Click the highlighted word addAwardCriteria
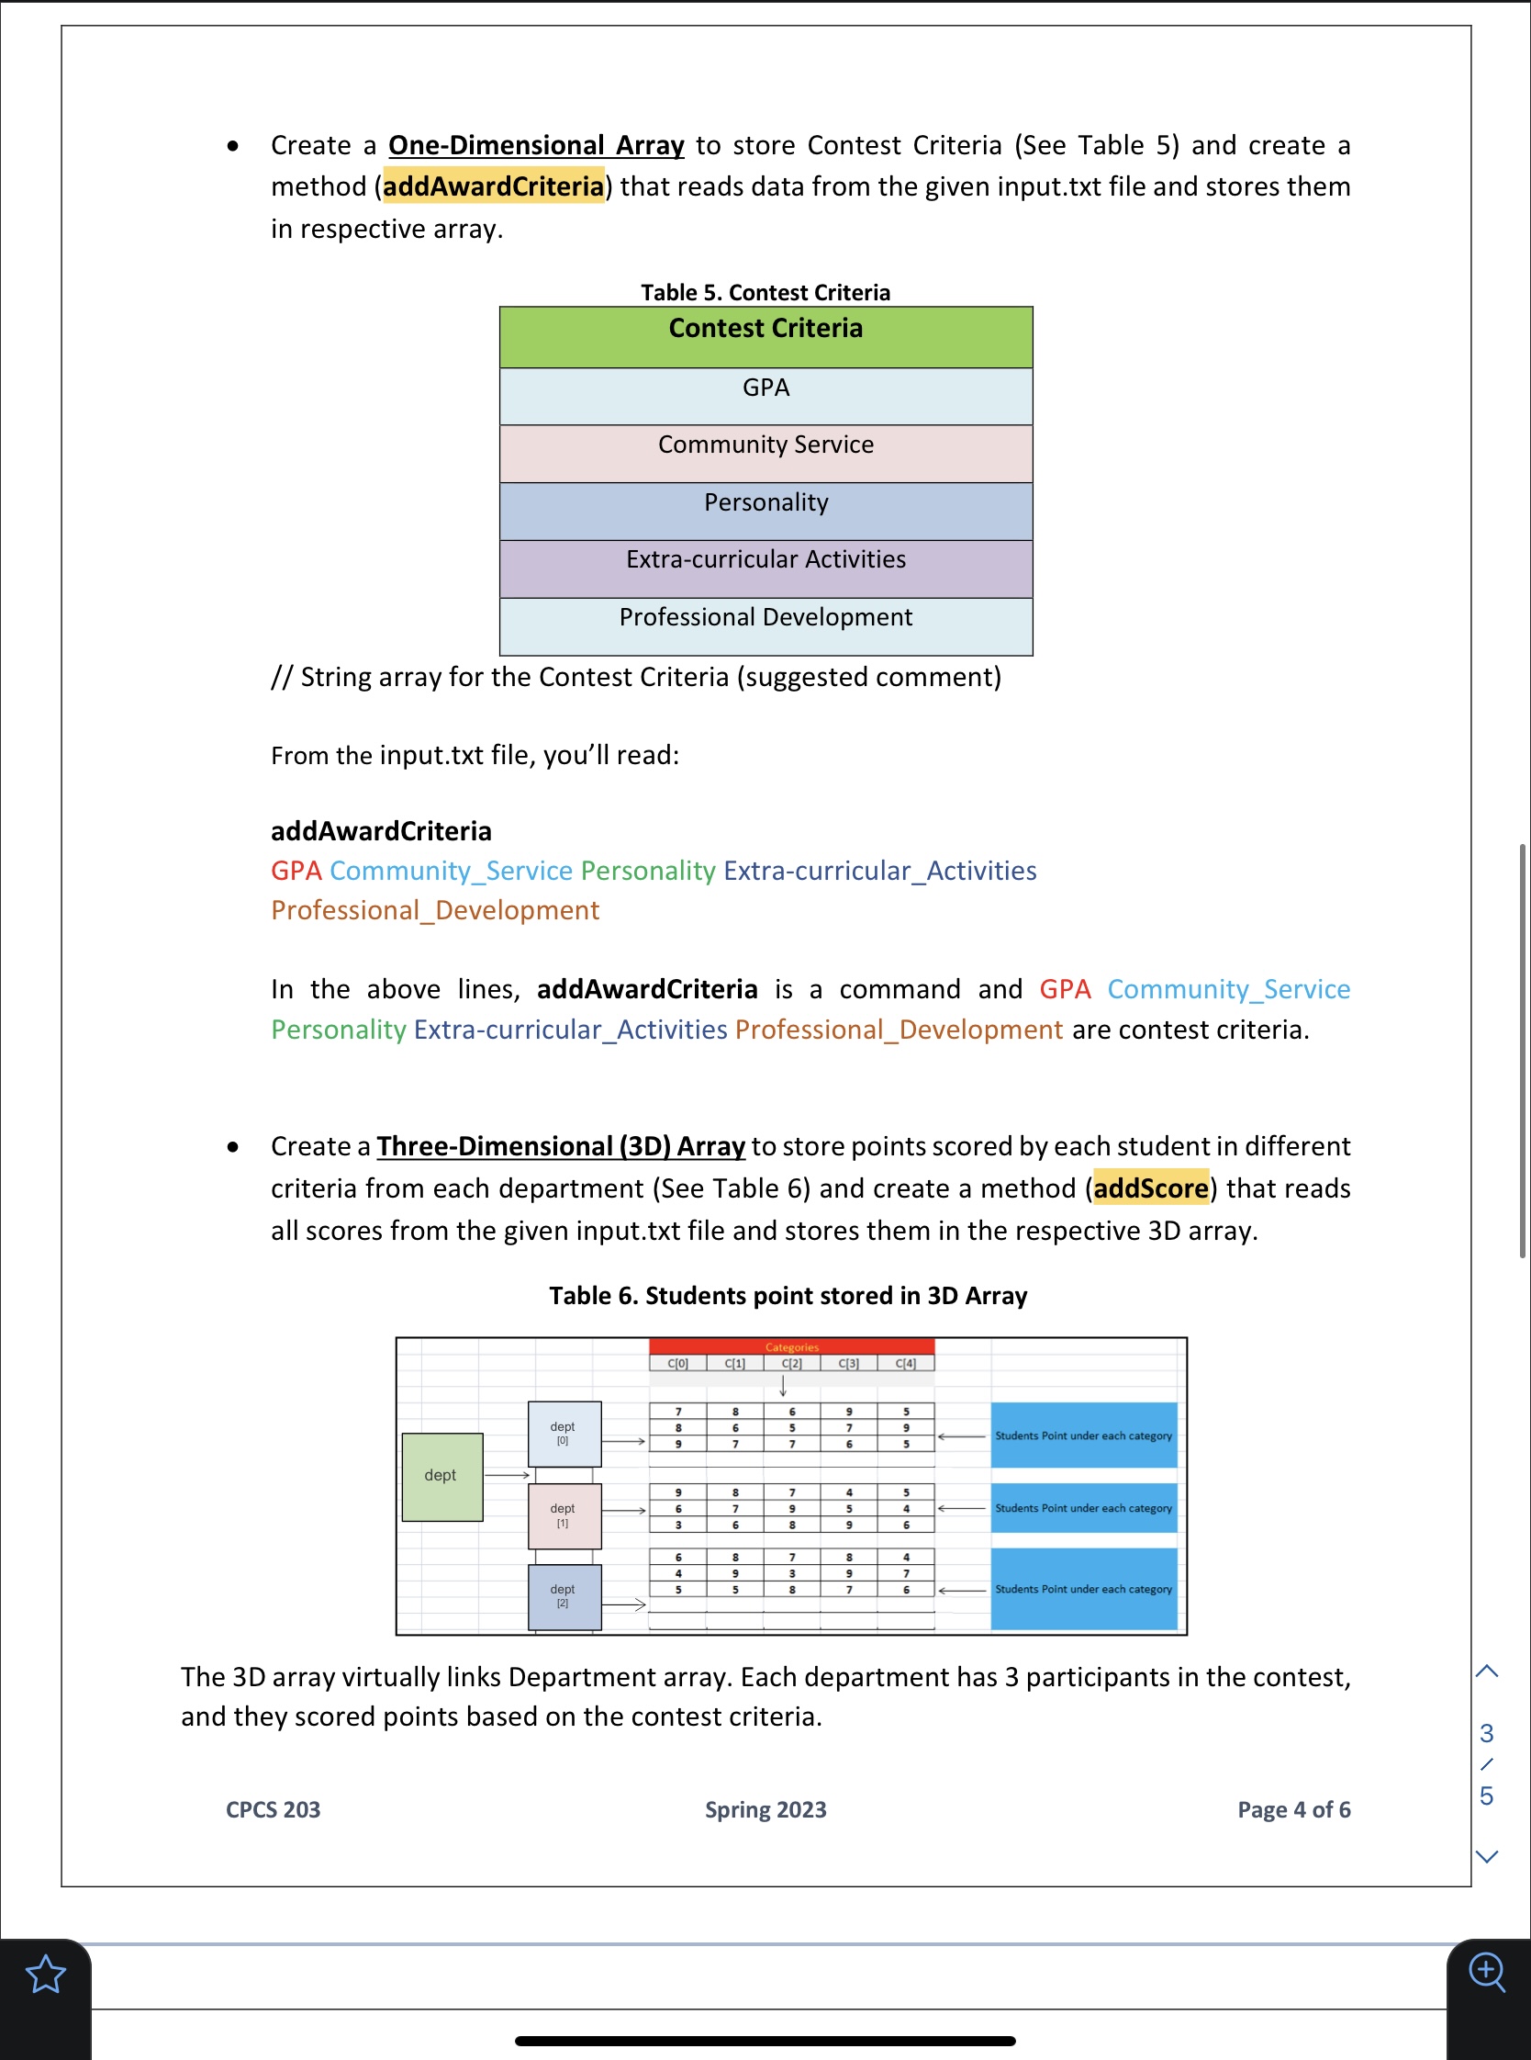493,186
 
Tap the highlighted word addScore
1150,1188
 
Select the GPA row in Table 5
765,396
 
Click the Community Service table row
765,454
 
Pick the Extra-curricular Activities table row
765,568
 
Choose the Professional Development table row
765,625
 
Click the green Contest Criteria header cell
765,336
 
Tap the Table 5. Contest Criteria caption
765,292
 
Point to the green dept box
441,1476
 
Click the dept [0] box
564,1434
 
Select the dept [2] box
564,1595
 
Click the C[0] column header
677,1363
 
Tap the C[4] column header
905,1363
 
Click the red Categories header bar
791,1346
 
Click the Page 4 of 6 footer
1293,1808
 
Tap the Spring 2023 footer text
765,1808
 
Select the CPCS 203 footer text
273,1808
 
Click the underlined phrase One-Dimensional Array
536,145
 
